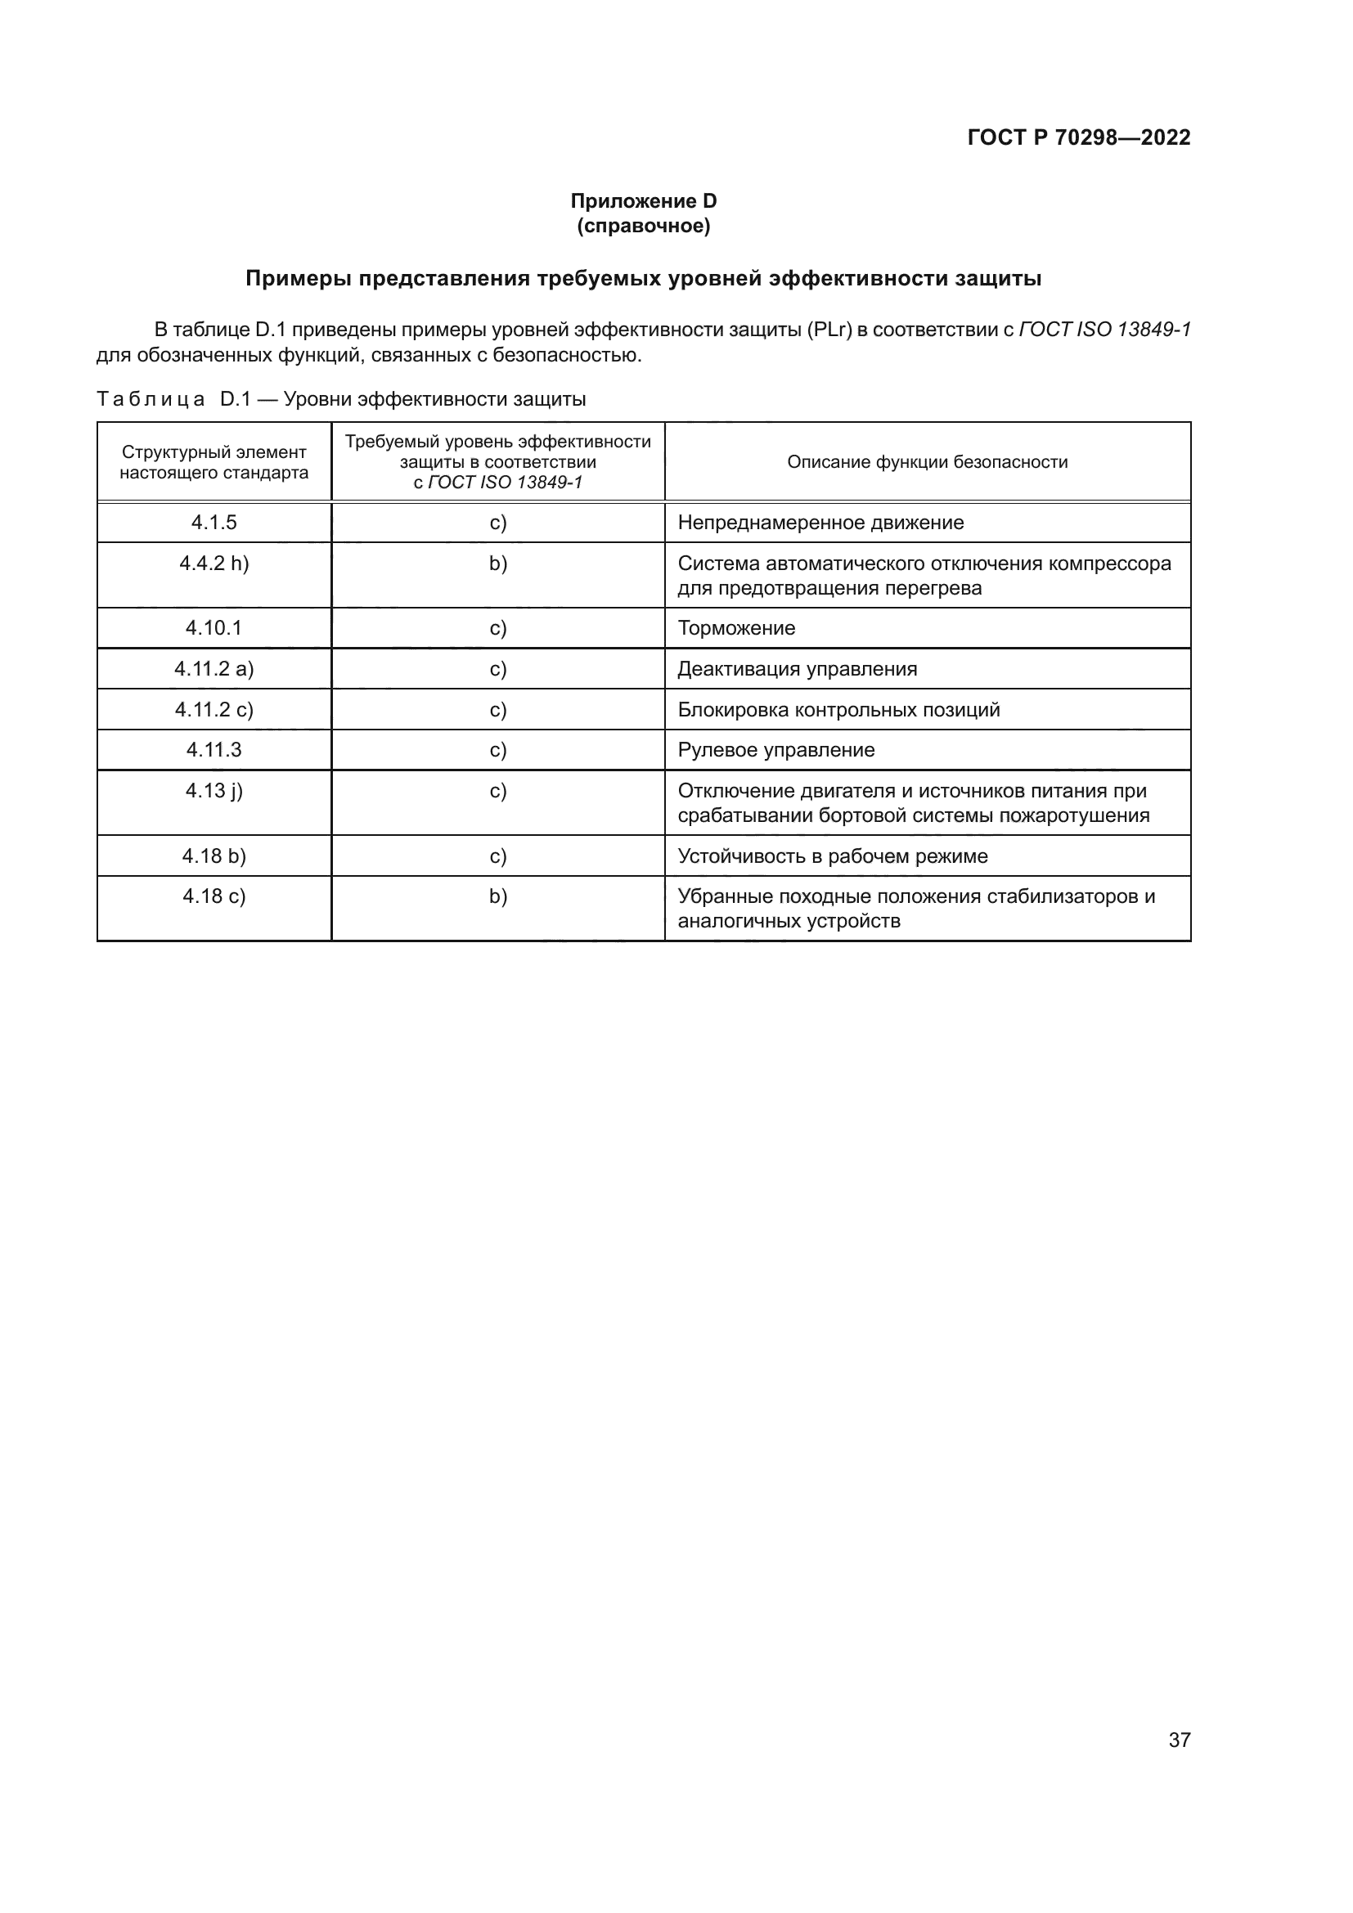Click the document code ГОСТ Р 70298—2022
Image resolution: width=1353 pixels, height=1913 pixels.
click(x=1078, y=137)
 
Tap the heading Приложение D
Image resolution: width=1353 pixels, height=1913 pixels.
click(x=643, y=201)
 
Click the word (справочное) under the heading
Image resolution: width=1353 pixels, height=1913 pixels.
click(x=643, y=226)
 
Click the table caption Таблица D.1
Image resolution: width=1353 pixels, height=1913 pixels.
click(x=341, y=399)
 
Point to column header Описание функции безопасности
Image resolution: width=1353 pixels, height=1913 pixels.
click(x=927, y=461)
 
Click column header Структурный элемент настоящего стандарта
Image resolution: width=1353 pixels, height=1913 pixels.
click(x=214, y=462)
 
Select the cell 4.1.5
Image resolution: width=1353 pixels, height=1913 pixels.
click(x=214, y=523)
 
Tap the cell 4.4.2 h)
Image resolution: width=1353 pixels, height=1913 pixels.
click(x=214, y=564)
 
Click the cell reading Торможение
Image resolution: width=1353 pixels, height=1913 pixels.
click(x=736, y=628)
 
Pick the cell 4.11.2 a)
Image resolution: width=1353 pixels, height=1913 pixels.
click(x=214, y=669)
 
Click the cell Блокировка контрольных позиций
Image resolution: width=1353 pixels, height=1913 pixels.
click(x=838, y=710)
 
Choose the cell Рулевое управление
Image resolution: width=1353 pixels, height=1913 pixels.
click(x=775, y=750)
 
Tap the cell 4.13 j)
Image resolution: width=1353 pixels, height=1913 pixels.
click(x=214, y=791)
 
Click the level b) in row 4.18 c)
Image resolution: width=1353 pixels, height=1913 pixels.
click(x=498, y=896)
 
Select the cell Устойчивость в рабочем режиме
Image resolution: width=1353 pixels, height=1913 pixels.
click(x=832, y=856)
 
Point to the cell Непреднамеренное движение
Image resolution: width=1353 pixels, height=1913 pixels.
click(x=820, y=523)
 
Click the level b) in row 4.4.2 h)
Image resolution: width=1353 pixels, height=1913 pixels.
click(x=498, y=564)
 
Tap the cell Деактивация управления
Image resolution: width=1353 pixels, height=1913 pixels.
click(x=798, y=669)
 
